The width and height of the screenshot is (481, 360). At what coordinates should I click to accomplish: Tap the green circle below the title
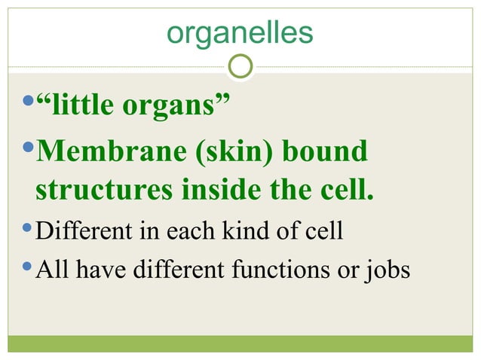(240, 67)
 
